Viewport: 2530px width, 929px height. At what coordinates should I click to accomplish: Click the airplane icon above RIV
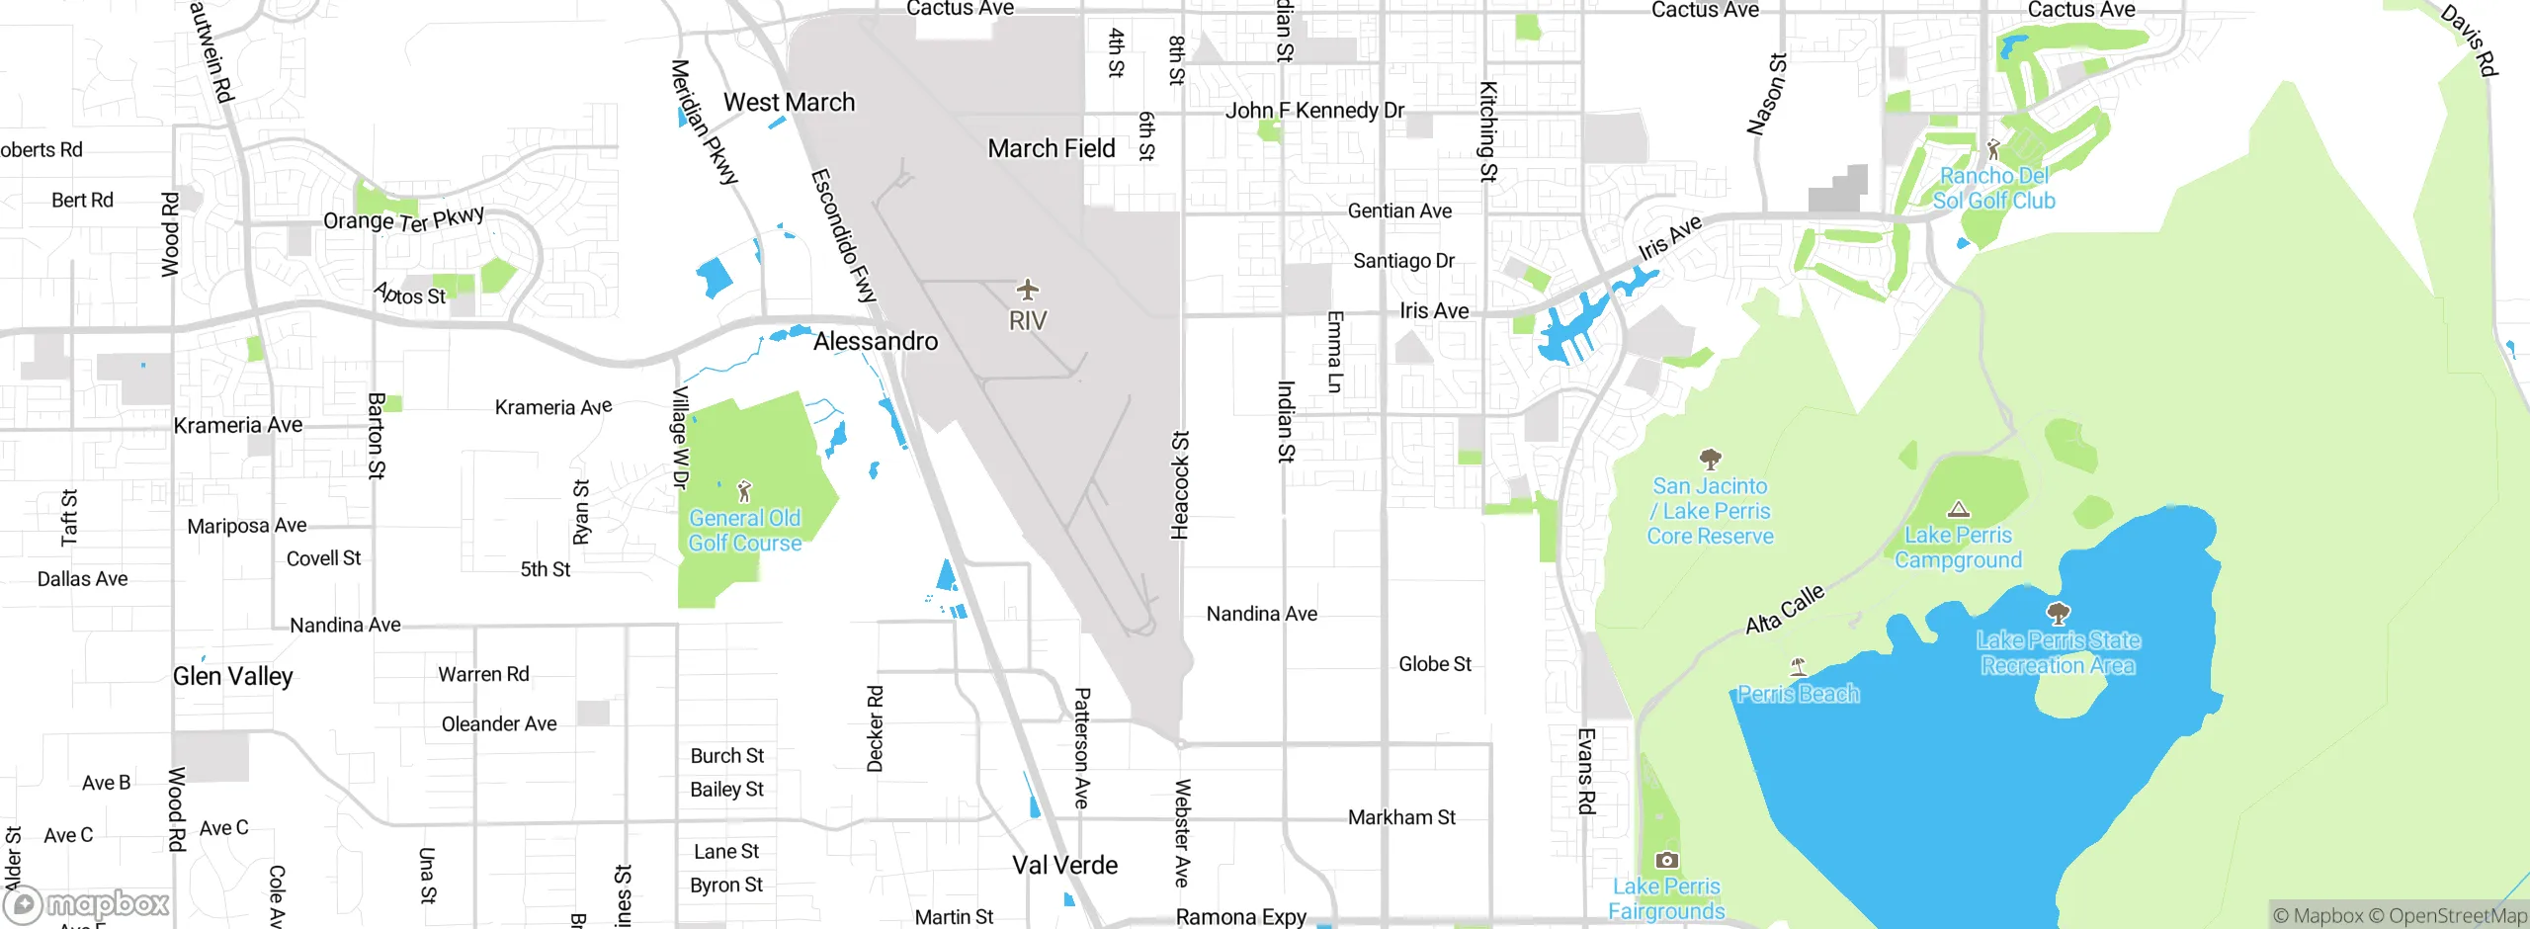[x=1028, y=290]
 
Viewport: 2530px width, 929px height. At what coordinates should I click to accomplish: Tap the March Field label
[x=1052, y=148]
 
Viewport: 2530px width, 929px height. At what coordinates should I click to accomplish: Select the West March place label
[x=789, y=102]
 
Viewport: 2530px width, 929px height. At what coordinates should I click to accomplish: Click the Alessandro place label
[x=876, y=341]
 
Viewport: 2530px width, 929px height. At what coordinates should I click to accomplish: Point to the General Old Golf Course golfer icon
[x=745, y=490]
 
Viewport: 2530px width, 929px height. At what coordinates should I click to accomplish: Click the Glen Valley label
[x=233, y=676]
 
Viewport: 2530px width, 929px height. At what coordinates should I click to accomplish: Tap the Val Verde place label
[x=1064, y=865]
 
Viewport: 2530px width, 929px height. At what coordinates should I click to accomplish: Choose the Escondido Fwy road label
[x=843, y=235]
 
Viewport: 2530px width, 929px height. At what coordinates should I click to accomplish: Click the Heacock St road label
[x=1180, y=484]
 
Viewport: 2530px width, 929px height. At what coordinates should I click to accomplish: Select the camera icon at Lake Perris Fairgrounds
[x=1666, y=860]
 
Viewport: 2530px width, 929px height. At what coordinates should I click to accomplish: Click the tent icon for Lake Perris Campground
[x=1958, y=510]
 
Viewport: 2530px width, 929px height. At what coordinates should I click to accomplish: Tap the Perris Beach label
[x=1798, y=694]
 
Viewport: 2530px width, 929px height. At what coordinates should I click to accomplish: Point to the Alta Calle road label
[x=1784, y=609]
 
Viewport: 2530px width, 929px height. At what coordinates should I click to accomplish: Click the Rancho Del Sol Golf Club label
[x=1993, y=188]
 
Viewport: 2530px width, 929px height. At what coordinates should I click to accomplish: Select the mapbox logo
[x=87, y=904]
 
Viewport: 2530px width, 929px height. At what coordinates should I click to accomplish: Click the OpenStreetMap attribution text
[x=2457, y=916]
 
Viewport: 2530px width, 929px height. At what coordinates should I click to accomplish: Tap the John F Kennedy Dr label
[x=1314, y=110]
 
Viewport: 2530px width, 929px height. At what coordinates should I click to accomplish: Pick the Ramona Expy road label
[x=1240, y=917]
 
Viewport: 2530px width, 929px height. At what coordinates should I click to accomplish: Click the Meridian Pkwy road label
[x=704, y=123]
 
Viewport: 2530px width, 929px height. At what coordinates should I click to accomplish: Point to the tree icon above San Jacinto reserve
[x=1710, y=459]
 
